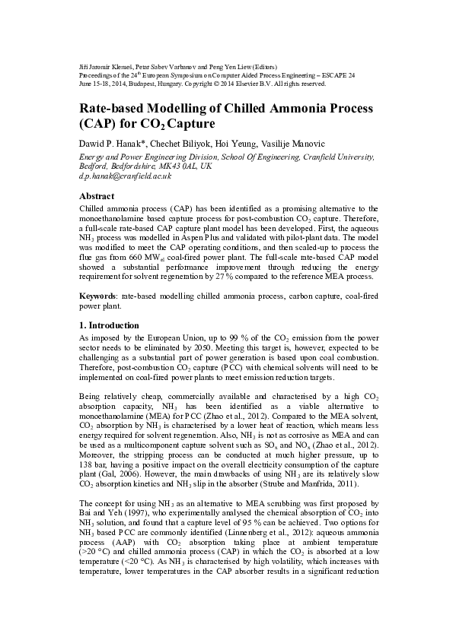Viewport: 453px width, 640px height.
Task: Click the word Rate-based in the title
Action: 118,109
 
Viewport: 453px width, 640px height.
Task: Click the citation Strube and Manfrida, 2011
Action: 304,483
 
